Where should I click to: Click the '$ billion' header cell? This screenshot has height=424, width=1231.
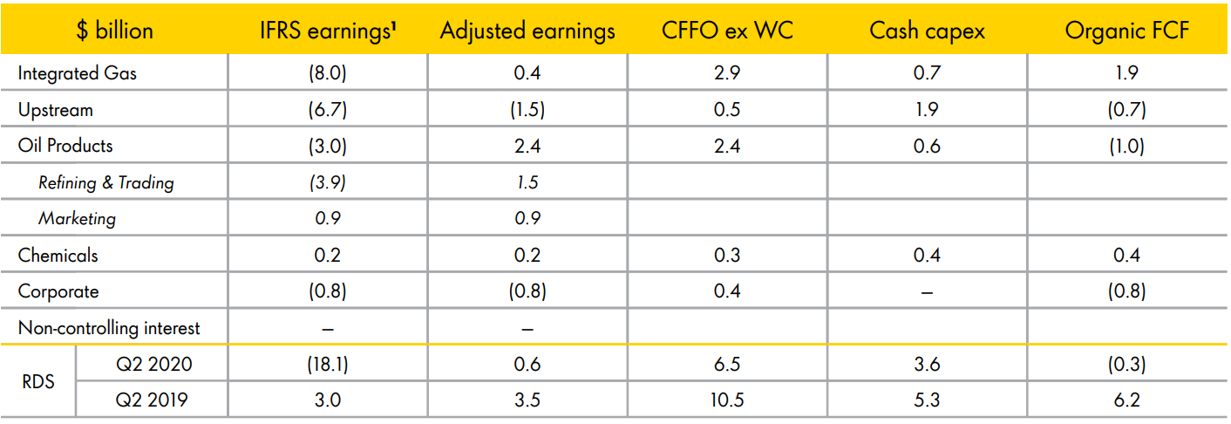pyautogui.click(x=114, y=31)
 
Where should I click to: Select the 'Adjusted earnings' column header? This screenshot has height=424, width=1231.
pyautogui.click(x=527, y=31)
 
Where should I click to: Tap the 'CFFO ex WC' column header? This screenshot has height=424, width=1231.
pyautogui.click(x=727, y=31)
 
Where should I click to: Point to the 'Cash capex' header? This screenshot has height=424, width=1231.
pyautogui.click(x=927, y=31)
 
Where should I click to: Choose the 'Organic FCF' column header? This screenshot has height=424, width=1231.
pyautogui.click(x=1127, y=31)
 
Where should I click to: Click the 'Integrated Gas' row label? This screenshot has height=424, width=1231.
pyautogui.click(x=77, y=73)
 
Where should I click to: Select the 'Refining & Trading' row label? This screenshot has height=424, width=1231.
pyautogui.click(x=106, y=182)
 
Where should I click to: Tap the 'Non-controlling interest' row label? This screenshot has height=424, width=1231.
pyautogui.click(x=109, y=328)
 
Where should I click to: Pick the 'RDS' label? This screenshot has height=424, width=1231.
pyautogui.click(x=37, y=381)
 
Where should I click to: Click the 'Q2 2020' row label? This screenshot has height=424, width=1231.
pyautogui.click(x=153, y=364)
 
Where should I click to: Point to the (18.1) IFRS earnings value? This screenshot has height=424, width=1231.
pyautogui.click(x=328, y=365)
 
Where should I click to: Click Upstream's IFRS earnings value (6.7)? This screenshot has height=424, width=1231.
pyautogui.click(x=328, y=110)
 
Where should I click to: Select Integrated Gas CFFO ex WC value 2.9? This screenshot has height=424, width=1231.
pyautogui.click(x=727, y=73)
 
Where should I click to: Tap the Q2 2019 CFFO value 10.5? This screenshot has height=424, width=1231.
pyautogui.click(x=727, y=400)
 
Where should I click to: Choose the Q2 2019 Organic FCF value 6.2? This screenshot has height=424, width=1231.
pyautogui.click(x=1126, y=400)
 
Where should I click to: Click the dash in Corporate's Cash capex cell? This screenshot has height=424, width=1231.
pyautogui.click(x=927, y=293)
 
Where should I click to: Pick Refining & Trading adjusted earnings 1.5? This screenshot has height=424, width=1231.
pyautogui.click(x=527, y=182)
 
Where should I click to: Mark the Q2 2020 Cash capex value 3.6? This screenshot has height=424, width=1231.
pyautogui.click(x=927, y=364)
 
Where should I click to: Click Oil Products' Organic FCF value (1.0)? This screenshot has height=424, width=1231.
pyautogui.click(x=1126, y=147)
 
